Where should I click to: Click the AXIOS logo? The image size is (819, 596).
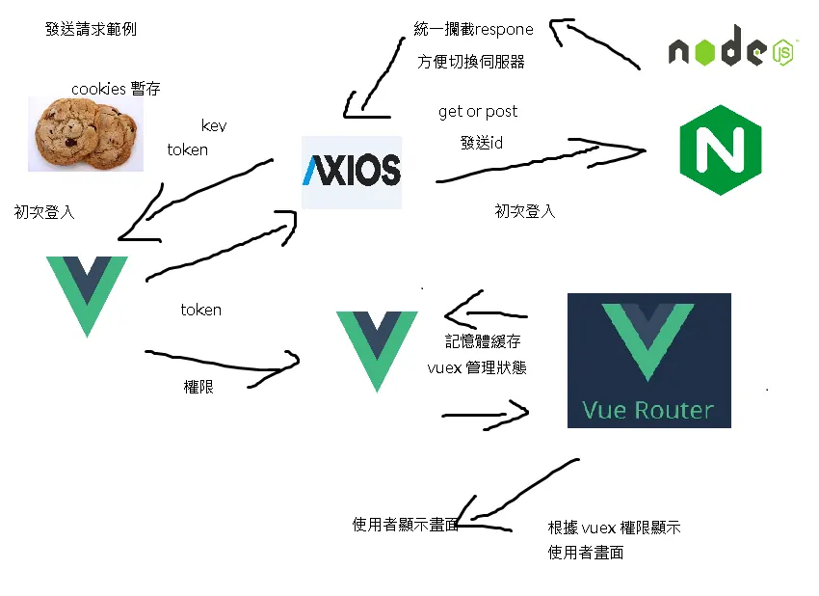tap(352, 172)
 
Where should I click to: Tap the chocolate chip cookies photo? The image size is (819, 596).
tap(86, 134)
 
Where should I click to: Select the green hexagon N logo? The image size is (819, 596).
tap(721, 150)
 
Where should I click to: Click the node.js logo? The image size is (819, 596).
tap(732, 47)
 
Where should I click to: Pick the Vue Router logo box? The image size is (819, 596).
tap(649, 361)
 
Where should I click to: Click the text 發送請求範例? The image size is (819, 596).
tap(91, 29)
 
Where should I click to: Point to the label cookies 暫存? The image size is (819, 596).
tap(116, 89)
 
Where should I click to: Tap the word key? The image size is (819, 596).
tap(214, 125)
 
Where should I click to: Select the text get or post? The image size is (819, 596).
tap(478, 111)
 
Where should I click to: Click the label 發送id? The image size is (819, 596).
tap(482, 142)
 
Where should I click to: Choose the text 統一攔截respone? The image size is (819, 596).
tap(473, 29)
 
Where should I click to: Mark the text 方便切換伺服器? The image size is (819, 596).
tap(470, 62)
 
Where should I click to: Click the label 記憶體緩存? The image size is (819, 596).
tap(483, 341)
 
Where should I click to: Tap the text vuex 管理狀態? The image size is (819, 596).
tap(477, 367)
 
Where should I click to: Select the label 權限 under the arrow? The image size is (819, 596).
tap(198, 387)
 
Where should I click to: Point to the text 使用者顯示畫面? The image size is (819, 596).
tap(406, 525)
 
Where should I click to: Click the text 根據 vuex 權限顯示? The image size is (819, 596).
tap(615, 528)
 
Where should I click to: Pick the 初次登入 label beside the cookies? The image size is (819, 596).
tap(44, 212)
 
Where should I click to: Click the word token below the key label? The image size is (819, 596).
tap(188, 150)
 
